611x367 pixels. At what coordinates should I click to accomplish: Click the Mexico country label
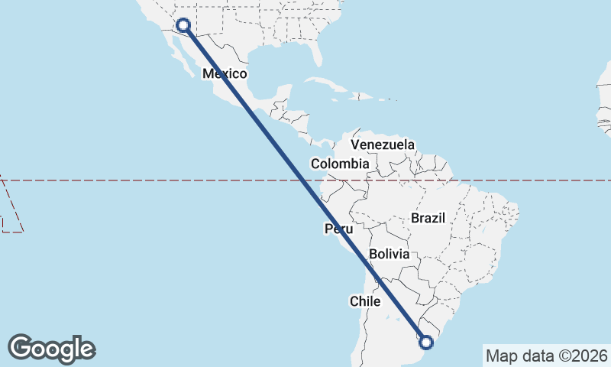pos(225,74)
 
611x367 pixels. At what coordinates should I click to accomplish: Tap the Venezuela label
pos(383,145)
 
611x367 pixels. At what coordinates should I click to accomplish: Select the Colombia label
pos(340,164)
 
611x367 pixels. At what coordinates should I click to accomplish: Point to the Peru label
pos(339,229)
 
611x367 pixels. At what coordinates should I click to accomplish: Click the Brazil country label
pos(428,218)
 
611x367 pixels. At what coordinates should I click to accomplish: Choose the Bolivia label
pos(389,254)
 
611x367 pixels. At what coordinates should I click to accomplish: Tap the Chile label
pos(365,301)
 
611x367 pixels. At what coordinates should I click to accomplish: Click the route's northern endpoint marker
pos(183,25)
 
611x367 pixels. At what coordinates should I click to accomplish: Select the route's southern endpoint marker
pos(426,343)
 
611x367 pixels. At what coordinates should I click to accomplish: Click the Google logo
pos(52,349)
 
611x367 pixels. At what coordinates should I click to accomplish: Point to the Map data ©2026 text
pos(547,356)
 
